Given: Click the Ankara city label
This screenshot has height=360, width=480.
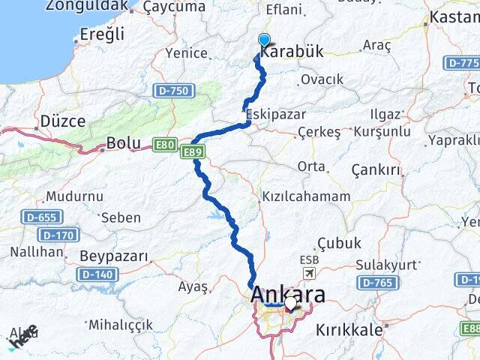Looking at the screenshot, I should (x=289, y=292).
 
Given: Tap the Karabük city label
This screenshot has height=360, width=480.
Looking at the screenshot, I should (x=292, y=52).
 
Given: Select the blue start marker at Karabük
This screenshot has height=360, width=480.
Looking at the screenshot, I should (x=264, y=40).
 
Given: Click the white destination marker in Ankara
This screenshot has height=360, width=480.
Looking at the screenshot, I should (x=290, y=304).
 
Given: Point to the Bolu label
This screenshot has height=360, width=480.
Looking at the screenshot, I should (x=123, y=142).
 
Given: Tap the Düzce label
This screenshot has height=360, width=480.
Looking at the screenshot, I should (x=62, y=121).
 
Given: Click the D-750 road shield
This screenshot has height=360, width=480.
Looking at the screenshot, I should (x=174, y=91).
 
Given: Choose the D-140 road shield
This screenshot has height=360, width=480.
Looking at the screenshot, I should (x=96, y=274).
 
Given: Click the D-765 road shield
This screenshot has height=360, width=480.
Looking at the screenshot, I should (x=376, y=283).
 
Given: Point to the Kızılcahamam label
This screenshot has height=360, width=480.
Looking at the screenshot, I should (x=305, y=196).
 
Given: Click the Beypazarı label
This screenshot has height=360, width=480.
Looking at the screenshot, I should (x=114, y=256).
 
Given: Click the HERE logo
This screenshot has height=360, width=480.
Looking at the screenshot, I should (x=22, y=337).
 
